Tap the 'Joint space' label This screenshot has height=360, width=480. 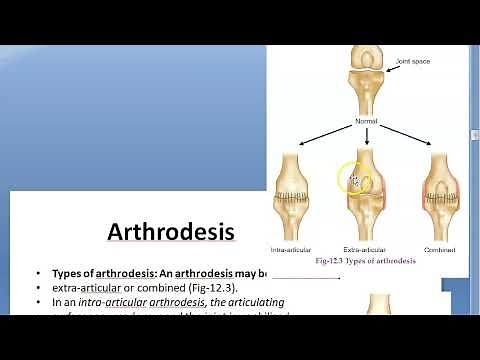point(413,60)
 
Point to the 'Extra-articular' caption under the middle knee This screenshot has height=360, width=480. point(365,248)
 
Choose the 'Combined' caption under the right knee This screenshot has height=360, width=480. point(440,248)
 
